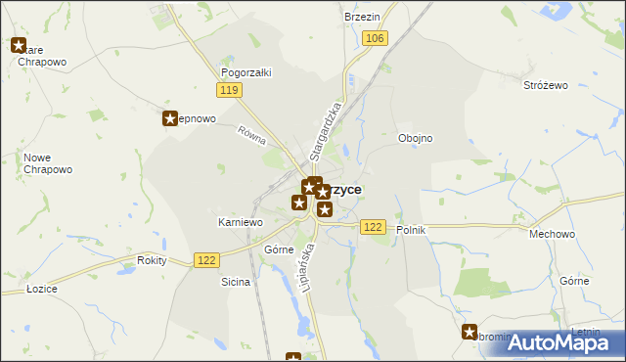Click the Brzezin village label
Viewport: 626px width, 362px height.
(x=362, y=18)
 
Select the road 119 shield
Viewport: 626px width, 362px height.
(x=230, y=91)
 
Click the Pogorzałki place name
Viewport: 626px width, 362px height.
(x=246, y=72)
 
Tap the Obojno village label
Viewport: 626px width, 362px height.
(x=415, y=138)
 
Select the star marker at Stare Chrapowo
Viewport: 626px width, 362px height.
(x=19, y=44)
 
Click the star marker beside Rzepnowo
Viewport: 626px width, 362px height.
(x=168, y=118)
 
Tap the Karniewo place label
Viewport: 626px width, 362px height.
(x=240, y=223)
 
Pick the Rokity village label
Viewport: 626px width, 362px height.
(x=152, y=260)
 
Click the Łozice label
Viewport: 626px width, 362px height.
(x=42, y=288)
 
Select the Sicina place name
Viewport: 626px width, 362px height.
(x=236, y=282)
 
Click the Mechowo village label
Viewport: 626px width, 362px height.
(x=550, y=235)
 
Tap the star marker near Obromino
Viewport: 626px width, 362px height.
(x=469, y=332)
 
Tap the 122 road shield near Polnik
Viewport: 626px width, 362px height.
(x=372, y=227)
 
